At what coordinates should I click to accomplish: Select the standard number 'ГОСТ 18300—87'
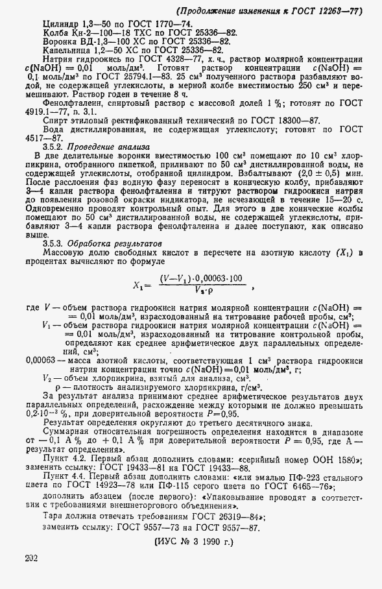coord(283,120)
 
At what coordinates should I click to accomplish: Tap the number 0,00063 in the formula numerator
coord(207,280)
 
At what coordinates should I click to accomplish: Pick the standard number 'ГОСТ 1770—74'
coord(157,23)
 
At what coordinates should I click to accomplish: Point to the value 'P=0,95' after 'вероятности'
coord(224,415)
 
